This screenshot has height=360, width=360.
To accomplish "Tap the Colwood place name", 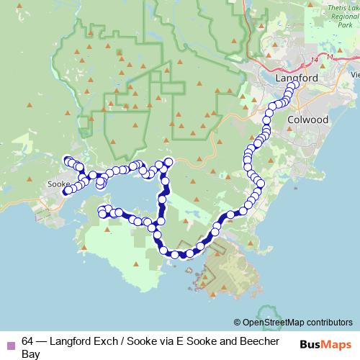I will coord(308,120).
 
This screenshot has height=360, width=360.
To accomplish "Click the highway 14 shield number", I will coord(311,58).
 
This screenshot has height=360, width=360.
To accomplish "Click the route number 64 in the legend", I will coord(28,341).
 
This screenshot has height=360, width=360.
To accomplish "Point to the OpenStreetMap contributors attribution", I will coord(293,322).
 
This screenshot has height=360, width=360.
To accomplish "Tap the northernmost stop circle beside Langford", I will coord(294,86).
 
